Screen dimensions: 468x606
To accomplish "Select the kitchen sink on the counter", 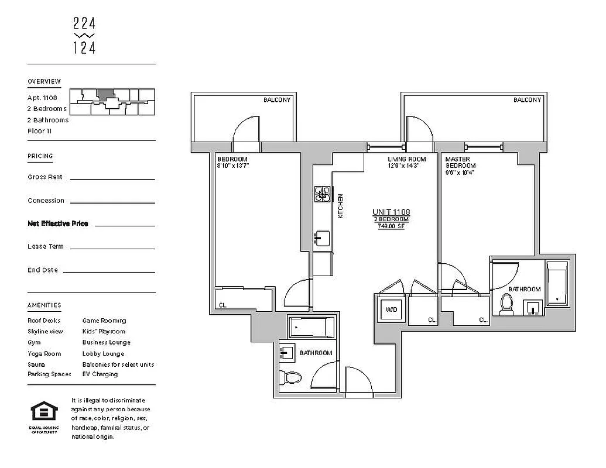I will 321,238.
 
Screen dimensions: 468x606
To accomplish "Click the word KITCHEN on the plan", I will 340,207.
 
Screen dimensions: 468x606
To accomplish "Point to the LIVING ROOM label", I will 406,159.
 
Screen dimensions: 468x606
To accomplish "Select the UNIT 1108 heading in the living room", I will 391,212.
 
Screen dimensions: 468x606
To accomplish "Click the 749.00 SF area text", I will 391,226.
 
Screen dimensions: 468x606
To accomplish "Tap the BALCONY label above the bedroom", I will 276,100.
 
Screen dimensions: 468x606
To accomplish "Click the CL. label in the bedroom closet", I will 223,305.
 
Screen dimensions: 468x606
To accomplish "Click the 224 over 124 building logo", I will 84,36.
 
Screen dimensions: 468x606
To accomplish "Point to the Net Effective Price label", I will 58,223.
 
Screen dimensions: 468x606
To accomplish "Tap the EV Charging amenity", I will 100,374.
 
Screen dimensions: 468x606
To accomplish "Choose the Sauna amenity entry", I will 36,364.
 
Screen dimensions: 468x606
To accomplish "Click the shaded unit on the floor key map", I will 105,94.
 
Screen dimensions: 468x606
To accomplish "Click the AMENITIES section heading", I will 44,305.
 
